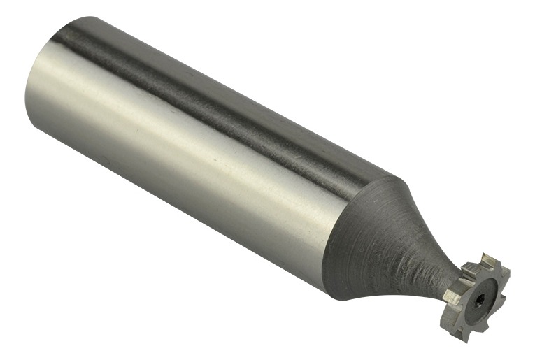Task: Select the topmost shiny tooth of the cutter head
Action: (490, 260)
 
